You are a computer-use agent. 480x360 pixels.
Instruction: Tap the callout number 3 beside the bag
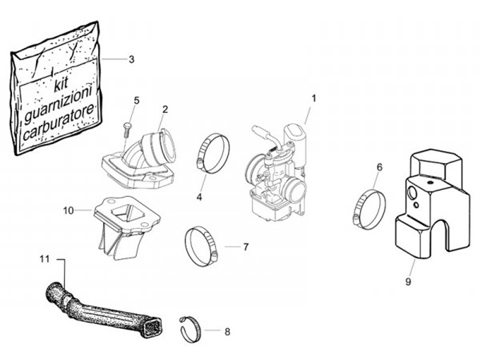pos(131,59)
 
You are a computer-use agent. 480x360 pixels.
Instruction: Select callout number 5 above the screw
pos(137,100)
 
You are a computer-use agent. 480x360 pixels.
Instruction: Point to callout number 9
pos(408,281)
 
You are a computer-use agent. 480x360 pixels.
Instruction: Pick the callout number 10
pos(68,210)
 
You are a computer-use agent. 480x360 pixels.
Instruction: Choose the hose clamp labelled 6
pos(369,208)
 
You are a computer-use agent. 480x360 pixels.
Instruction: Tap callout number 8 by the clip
pos(227,331)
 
